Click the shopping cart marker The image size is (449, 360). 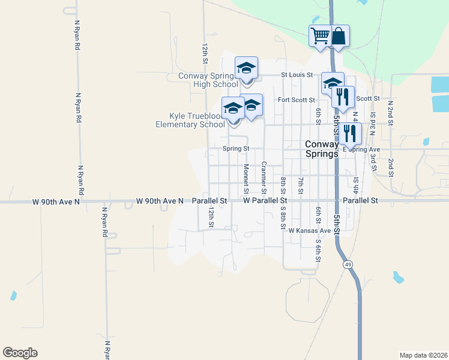coord(320,35)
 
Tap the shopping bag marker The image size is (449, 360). coord(339,36)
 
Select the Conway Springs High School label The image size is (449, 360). coord(208,80)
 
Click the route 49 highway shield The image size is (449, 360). coord(348,264)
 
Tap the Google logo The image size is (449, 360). coord(20,353)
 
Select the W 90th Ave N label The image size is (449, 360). coord(160,200)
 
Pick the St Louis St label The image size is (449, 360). coord(298,75)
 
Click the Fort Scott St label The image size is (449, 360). coord(295,100)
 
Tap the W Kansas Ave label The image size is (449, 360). coord(310,230)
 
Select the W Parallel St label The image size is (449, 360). coord(265,200)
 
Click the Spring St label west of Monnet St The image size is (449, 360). coord(235,148)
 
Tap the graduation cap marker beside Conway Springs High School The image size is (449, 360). coord(246,68)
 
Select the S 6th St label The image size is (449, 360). coord(318,250)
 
